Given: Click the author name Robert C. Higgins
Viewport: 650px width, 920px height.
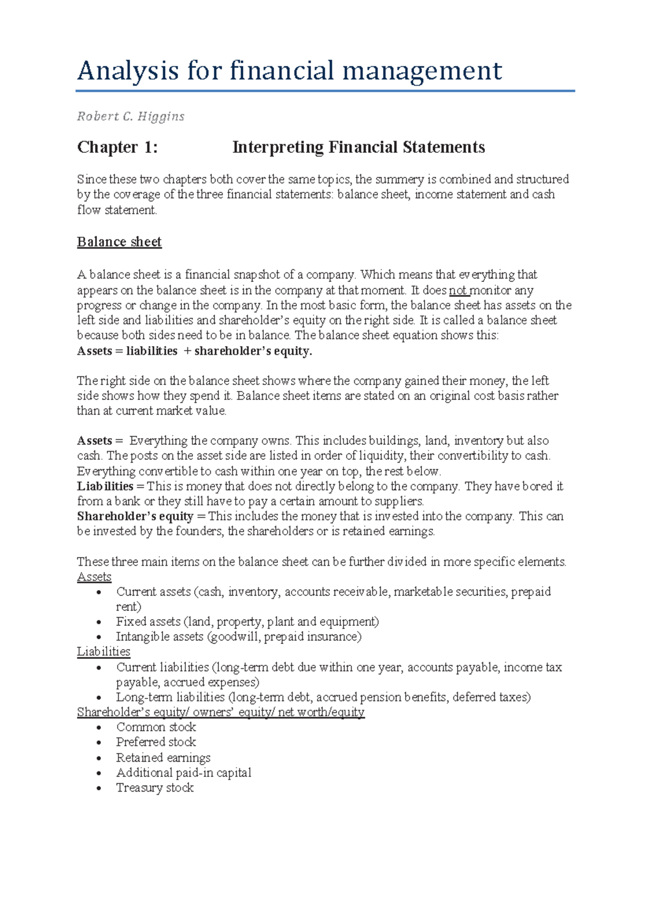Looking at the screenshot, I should (131, 116).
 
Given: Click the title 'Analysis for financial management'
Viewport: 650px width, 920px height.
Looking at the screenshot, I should (289, 71).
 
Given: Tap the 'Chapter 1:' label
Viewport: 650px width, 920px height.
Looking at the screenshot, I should (117, 147).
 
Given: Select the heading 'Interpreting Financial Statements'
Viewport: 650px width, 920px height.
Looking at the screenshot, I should (358, 147).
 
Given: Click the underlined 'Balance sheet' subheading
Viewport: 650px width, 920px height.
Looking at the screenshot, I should (119, 242).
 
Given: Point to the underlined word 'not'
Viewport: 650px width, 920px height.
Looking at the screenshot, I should (458, 290).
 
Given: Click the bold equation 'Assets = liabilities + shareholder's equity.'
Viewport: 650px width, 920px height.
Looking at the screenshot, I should (194, 351).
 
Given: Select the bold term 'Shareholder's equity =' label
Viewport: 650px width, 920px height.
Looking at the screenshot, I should (141, 516).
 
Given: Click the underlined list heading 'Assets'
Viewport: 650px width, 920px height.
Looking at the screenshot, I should (94, 576).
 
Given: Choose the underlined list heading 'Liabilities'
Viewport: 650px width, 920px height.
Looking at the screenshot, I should (103, 651).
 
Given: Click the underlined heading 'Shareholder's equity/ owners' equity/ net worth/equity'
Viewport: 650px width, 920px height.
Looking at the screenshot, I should (220, 712).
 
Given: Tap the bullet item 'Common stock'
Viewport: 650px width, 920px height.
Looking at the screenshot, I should (156, 727).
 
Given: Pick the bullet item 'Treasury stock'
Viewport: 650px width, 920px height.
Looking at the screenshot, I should (155, 788).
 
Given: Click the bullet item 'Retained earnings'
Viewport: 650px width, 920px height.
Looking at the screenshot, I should (163, 757).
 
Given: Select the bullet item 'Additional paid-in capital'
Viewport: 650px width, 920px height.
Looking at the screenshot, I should (184, 773).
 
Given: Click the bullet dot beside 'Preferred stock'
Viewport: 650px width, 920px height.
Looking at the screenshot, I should (99, 743).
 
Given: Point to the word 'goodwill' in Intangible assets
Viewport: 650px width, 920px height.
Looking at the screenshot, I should (234, 637).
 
